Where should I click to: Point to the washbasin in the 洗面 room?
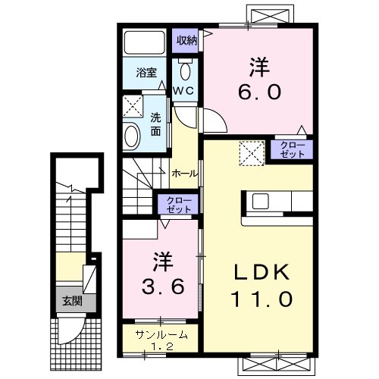[x=132, y=136]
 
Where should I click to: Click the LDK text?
[x=262, y=273]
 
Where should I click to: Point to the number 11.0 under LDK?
[x=262, y=299]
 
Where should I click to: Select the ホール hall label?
[x=185, y=173]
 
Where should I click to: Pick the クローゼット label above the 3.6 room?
[x=176, y=202]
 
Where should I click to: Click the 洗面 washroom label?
[x=155, y=123]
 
